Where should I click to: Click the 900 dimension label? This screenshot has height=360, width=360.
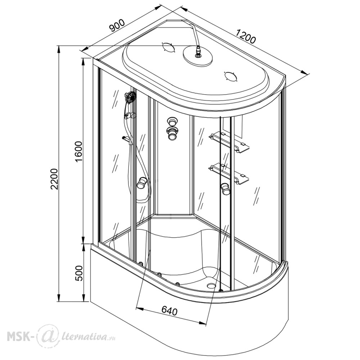coord(117,25)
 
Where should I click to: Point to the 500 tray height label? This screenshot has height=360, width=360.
coord(79,273)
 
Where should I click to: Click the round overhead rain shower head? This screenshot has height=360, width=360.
coord(198,56)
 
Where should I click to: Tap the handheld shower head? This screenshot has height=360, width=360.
coord(130,97)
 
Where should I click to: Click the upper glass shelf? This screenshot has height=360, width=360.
coord(229,141)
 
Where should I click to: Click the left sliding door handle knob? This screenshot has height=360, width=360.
coord(142,183)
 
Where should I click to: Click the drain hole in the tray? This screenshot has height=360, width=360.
coord(211,285)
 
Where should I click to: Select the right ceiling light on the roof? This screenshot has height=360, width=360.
coord(231,76)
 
